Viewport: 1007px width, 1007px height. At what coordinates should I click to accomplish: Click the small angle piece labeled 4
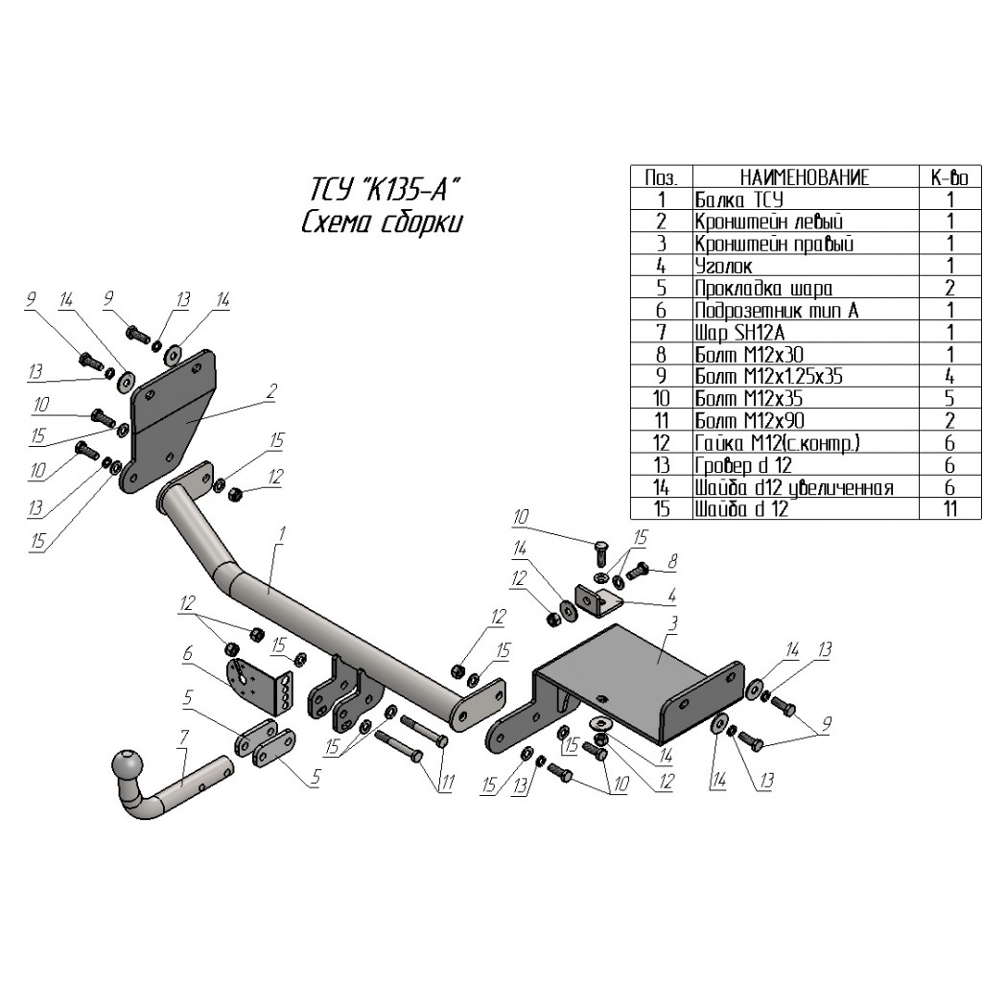(596, 601)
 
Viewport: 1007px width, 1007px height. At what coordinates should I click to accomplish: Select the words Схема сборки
(382, 222)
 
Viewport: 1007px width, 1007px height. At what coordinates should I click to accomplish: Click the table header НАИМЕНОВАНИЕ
(805, 177)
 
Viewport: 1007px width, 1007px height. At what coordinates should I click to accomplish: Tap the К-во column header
(949, 177)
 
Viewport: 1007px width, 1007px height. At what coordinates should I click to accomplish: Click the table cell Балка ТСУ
(738, 199)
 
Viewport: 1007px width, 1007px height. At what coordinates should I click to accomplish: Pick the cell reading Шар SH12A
(739, 333)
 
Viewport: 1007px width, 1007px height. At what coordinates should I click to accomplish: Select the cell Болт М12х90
(749, 421)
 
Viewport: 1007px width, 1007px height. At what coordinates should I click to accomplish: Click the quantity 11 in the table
(950, 509)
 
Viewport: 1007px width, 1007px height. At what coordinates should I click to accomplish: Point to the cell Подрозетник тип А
(777, 311)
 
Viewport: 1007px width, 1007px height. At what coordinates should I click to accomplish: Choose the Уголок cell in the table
(723, 266)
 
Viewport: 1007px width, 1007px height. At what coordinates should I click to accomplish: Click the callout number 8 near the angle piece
(672, 562)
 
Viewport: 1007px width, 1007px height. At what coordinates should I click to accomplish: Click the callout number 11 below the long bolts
(446, 783)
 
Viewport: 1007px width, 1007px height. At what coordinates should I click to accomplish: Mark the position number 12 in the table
(662, 443)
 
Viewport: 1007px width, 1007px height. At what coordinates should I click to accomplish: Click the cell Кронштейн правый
(774, 244)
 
